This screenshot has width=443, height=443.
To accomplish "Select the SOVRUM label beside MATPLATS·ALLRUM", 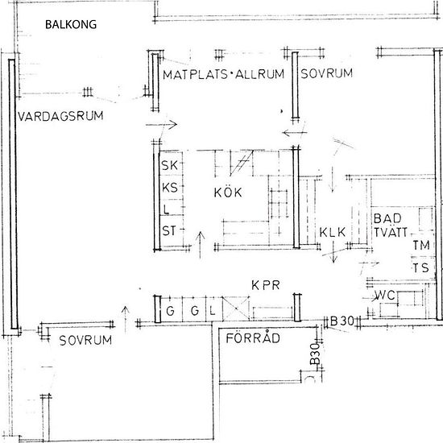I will pyautogui.click(x=326, y=74).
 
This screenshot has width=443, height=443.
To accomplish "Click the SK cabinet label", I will pyautogui.click(x=169, y=166).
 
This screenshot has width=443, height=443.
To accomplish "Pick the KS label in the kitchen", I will pyautogui.click(x=169, y=188).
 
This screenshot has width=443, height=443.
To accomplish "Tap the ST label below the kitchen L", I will pyautogui.click(x=169, y=231).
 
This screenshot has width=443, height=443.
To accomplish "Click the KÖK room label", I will pyautogui.click(x=228, y=193).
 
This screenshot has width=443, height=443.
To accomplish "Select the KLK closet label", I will pyautogui.click(x=332, y=233).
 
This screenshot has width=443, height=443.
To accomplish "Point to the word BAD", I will pyautogui.click(x=384, y=218).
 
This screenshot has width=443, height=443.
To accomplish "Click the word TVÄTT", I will pyautogui.click(x=392, y=233).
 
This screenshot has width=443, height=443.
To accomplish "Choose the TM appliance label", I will pyautogui.click(x=420, y=246).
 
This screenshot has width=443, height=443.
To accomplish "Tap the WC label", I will pyautogui.click(x=383, y=296).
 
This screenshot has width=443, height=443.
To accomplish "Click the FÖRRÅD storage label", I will pyautogui.click(x=252, y=339).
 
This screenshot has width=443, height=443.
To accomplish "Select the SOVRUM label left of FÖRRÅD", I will pyautogui.click(x=85, y=341).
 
